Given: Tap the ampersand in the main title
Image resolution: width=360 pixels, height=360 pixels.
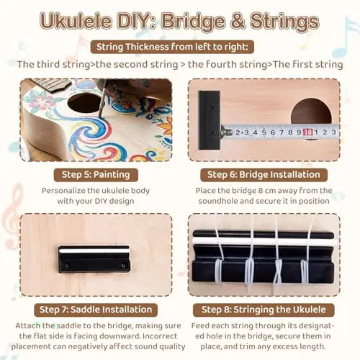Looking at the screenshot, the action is point(238,21).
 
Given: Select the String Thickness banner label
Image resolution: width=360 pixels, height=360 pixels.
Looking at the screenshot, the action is point(172,47).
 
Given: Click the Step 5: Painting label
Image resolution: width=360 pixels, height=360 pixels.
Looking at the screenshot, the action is point(96,175).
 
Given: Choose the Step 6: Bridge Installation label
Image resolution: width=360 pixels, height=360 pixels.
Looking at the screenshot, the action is point(264,175).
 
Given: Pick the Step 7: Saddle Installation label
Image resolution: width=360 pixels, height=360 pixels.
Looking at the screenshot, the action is point(96,310).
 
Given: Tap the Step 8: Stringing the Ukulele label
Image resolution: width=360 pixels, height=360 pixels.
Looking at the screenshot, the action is point(264,310).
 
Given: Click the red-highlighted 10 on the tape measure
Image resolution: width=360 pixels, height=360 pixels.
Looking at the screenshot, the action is point(308,132).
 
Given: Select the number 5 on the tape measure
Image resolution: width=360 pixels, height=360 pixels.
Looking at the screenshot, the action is point(264,132).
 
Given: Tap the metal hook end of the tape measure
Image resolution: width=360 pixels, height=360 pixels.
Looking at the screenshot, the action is point(225,132).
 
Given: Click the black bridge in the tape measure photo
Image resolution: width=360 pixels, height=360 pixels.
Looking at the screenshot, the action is point(210,120).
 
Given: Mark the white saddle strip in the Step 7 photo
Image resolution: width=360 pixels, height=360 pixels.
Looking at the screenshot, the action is point(94,251).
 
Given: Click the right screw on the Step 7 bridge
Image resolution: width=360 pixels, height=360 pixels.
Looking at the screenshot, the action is point(123,266).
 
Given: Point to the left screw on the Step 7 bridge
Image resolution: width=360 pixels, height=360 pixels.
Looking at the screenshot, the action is point(67,266).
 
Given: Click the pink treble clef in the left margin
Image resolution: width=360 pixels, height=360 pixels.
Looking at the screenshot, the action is point(12,214).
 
